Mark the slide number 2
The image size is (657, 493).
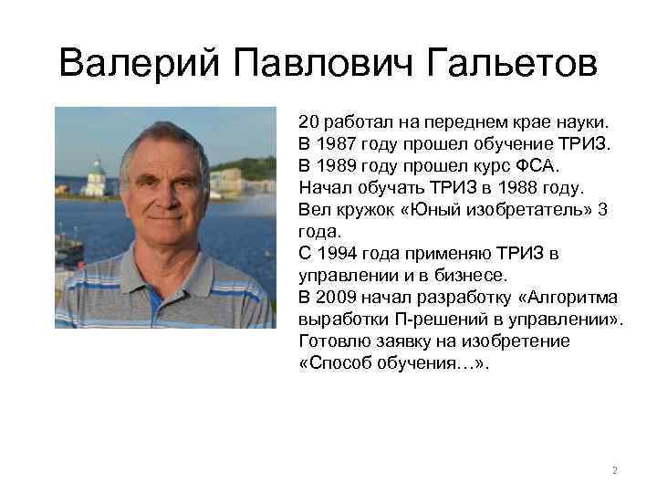point(614,471)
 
